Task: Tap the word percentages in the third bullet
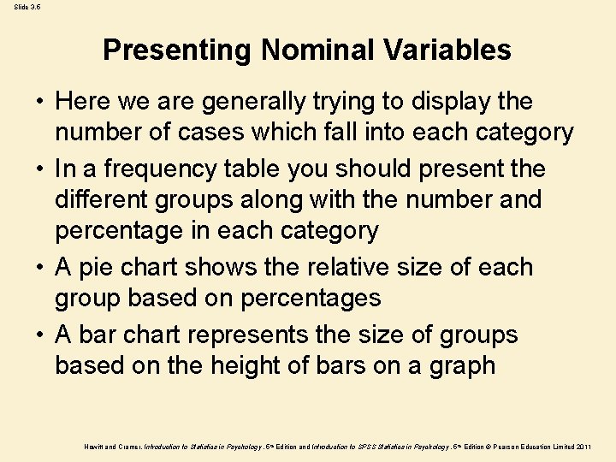pyautogui.click(x=311, y=299)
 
